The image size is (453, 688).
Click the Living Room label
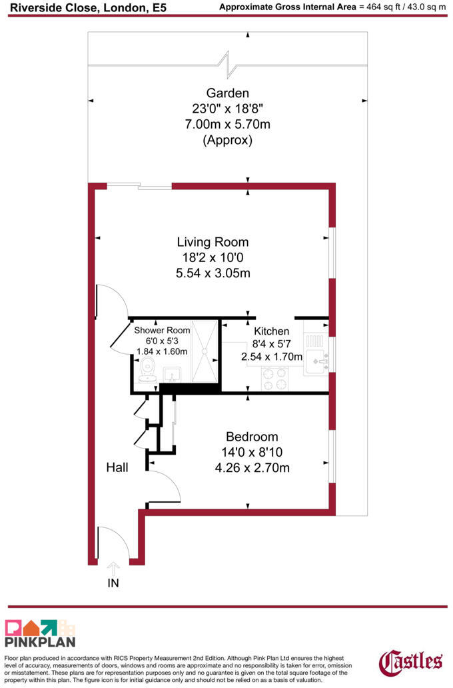tap(213, 242)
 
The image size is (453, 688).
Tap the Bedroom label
tap(252, 437)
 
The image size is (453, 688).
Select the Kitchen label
tap(271, 331)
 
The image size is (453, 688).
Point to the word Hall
tap(117, 467)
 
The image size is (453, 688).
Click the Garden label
tap(228, 93)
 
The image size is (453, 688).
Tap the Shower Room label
tap(162, 331)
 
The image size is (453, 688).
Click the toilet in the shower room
tap(147, 369)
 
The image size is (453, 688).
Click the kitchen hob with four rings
tap(274, 379)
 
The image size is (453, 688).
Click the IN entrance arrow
tap(113, 569)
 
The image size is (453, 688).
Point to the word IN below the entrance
tap(113, 583)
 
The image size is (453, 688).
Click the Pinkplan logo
tap(41, 633)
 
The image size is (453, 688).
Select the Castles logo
tap(410, 662)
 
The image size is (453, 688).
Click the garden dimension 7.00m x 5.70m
tap(228, 124)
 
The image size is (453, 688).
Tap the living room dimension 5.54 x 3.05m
tap(213, 273)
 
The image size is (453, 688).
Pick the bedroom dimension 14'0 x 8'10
tap(252, 452)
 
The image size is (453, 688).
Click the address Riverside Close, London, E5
tap(88, 7)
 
